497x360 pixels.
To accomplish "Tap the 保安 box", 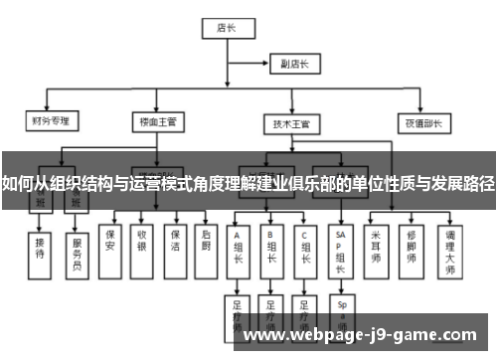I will point(110,240).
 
